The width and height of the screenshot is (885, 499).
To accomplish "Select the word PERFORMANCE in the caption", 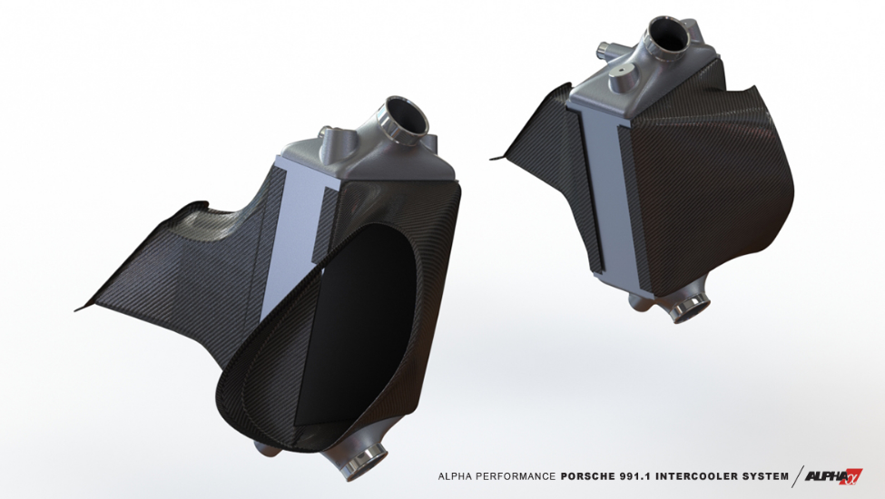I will [517, 475].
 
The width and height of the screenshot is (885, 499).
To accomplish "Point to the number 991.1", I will [648, 475].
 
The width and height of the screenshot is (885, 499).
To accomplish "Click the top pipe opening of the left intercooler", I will [405, 117].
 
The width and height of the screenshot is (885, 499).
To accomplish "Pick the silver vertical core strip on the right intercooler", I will [604, 200].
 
